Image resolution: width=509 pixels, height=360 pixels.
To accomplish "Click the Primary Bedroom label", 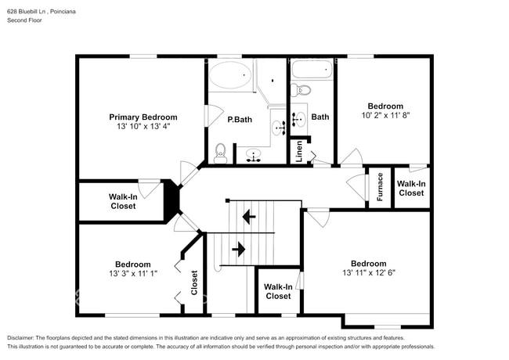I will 143,117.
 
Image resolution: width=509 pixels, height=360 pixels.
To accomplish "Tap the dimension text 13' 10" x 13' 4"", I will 143,126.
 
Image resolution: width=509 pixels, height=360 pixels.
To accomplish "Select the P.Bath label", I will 240,120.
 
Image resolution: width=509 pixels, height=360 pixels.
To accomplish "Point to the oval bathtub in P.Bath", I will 230,77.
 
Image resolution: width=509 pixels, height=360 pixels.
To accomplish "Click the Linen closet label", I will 299,152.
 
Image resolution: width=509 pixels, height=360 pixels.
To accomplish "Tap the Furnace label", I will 380,187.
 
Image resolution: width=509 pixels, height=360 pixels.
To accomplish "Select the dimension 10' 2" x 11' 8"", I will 385,115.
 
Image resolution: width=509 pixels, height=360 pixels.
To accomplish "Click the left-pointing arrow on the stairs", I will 249,216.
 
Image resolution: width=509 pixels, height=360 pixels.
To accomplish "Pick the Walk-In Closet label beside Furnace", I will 411,188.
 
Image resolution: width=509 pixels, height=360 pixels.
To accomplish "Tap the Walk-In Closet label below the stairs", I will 278,291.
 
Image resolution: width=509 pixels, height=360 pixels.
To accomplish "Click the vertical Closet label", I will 194,283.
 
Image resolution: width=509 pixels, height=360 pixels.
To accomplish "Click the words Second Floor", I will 24,20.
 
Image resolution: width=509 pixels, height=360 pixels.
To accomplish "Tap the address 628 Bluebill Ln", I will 31,9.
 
